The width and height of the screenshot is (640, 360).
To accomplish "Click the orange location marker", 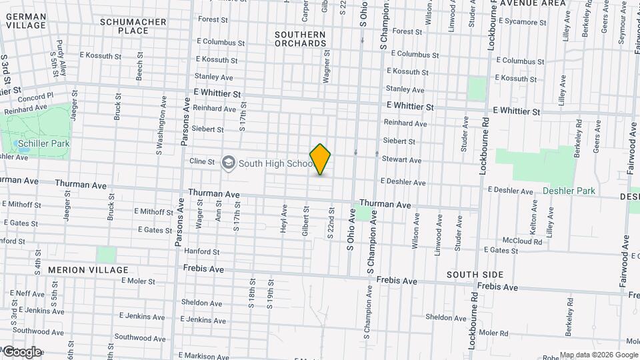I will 321,159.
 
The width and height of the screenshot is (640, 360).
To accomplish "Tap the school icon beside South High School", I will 229,163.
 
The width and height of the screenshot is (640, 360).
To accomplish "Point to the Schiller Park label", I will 44,143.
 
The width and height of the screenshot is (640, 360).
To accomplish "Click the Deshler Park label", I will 569,191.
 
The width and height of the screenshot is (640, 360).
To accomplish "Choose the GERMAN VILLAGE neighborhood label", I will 27,21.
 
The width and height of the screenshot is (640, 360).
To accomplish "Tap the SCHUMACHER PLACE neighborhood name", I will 133,26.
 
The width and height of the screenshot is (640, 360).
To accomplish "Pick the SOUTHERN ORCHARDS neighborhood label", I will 300,39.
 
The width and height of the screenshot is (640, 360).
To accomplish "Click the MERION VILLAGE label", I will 88,270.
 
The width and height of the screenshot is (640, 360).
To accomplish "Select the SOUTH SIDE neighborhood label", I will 475,275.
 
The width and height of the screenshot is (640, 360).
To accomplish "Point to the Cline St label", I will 202,161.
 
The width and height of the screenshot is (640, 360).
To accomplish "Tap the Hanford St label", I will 202,252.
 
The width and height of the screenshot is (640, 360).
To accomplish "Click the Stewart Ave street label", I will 401,160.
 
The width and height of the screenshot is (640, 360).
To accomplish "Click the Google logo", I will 22,352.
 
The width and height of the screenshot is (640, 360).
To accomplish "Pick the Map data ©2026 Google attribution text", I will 599,355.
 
